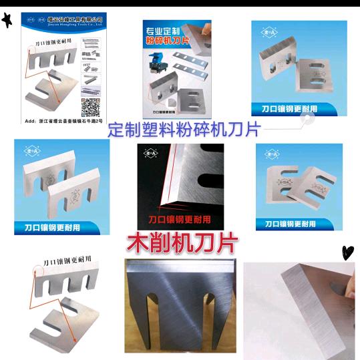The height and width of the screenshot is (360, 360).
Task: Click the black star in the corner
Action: (x=7, y=21)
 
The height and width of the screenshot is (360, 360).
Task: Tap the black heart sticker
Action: (x=347, y=252)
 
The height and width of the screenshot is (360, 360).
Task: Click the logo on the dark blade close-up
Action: (x=150, y=154)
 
